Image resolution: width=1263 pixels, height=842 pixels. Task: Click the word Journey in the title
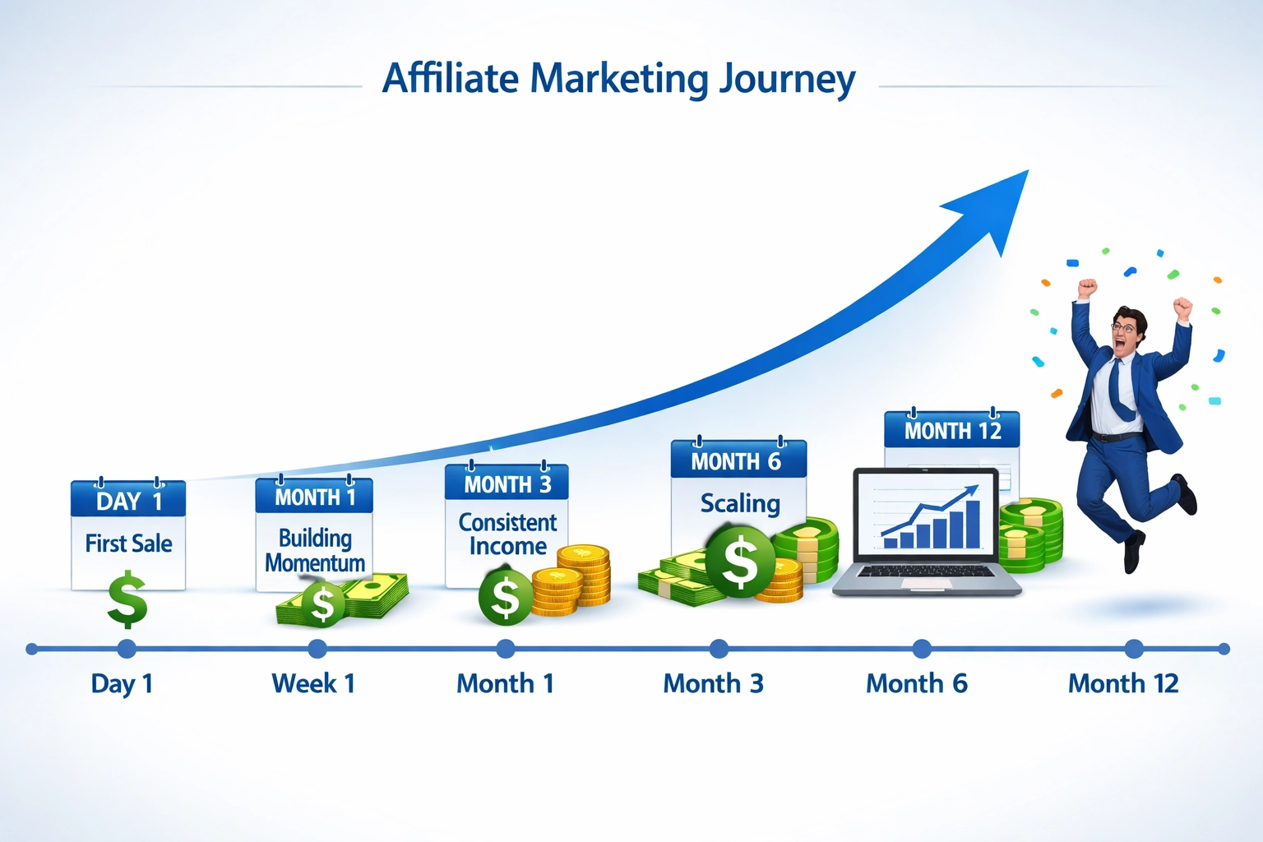tap(787, 80)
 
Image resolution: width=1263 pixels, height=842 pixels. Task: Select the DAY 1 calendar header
tap(128, 501)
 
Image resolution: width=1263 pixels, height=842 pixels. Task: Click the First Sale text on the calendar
tap(128, 544)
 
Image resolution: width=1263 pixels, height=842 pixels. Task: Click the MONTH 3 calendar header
tap(507, 484)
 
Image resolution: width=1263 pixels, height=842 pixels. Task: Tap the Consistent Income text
tap(507, 534)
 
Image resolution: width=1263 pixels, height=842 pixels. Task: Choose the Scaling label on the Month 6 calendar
tap(739, 503)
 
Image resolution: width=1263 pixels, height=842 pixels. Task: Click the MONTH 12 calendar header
tap(952, 431)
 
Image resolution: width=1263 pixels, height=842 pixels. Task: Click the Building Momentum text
tap(314, 550)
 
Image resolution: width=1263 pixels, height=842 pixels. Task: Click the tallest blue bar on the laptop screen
tap(973, 523)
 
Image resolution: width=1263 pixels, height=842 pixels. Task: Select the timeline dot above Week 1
tap(317, 649)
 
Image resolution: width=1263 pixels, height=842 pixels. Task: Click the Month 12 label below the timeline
tap(1122, 683)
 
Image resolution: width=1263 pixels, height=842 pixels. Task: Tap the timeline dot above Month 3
tap(719, 649)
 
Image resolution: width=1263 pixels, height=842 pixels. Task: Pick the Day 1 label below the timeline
tap(122, 683)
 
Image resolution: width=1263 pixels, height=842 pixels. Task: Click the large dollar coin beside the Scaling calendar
tap(740, 562)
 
